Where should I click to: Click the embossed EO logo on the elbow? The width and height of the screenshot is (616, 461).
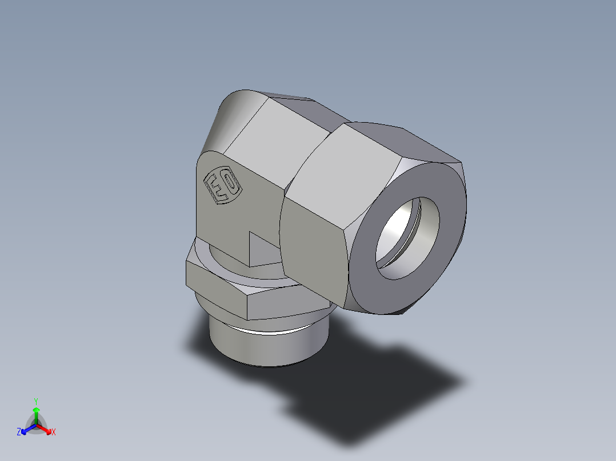coord(223,186)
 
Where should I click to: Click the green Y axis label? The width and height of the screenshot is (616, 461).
coord(36,401)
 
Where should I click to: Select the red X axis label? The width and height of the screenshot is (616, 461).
coord(54,432)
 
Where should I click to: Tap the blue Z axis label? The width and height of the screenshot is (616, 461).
coord(19,432)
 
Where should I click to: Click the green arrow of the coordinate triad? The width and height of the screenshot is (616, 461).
coord(36,413)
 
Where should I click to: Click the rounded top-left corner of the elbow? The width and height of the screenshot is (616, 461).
coord(231,103)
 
